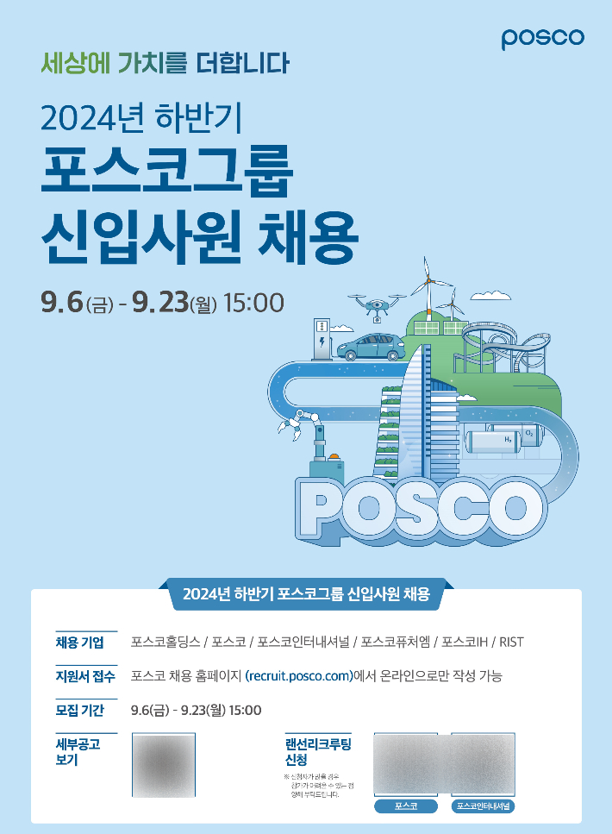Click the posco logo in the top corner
pos(542,38)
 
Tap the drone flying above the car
pos(377,304)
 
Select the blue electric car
pos(372,347)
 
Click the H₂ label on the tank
pos(509,440)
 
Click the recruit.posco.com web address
pos(299,676)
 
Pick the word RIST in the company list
pos(511,643)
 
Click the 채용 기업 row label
pos(79,643)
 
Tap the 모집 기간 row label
pos(79,711)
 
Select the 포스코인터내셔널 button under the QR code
pos(483,806)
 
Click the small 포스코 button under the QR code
pos(405,806)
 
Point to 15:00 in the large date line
pos(253,303)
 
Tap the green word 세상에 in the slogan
pos(70,64)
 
